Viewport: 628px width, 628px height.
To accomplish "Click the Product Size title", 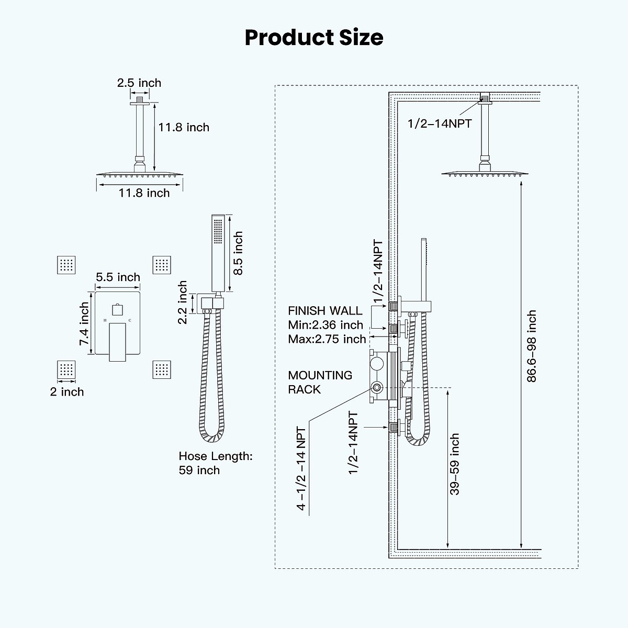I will (x=314, y=38).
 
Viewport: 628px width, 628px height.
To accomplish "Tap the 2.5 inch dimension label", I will (x=139, y=83).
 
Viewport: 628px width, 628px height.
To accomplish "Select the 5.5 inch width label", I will (x=118, y=277).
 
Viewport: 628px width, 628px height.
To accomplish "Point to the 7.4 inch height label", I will (x=84, y=324).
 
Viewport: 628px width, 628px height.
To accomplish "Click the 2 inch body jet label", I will (x=67, y=391).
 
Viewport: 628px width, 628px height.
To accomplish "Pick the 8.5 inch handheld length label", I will (x=238, y=253).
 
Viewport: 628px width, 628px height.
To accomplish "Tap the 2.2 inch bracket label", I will (x=183, y=302).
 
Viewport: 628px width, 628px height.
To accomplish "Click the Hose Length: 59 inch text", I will (x=215, y=463).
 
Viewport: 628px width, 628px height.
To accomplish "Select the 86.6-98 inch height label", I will (x=532, y=346).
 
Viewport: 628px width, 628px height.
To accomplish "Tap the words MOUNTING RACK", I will (x=320, y=382).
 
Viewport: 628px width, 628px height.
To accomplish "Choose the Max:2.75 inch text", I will (x=327, y=339).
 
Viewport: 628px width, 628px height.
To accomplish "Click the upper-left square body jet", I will (x=66, y=265).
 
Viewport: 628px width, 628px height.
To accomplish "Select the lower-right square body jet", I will (x=162, y=370).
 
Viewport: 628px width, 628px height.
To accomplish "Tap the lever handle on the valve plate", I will (x=118, y=342).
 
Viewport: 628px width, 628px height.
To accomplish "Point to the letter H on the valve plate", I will (x=105, y=320).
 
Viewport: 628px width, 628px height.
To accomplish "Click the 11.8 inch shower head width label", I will (x=144, y=193).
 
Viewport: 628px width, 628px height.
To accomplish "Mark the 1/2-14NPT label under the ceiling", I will (x=440, y=124).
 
